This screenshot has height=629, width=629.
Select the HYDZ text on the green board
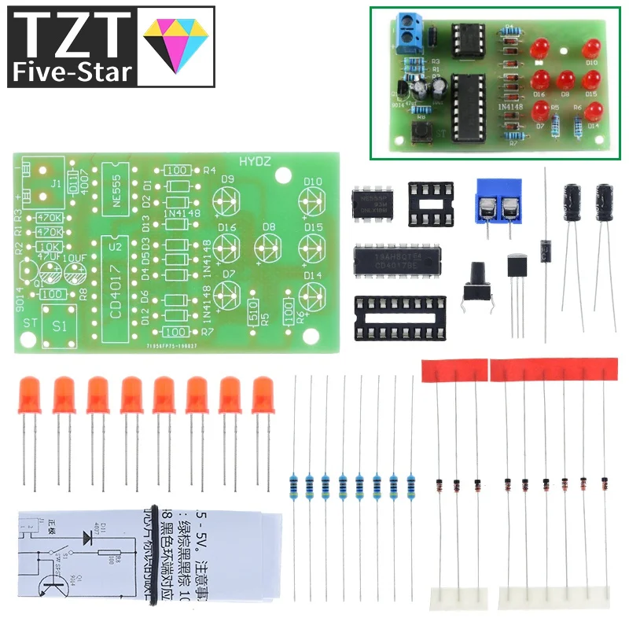pos(255,160)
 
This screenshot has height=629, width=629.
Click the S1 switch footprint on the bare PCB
pos(58,325)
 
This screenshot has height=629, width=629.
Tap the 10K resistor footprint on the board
pos(50,247)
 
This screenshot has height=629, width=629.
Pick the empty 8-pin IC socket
pos(430,204)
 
